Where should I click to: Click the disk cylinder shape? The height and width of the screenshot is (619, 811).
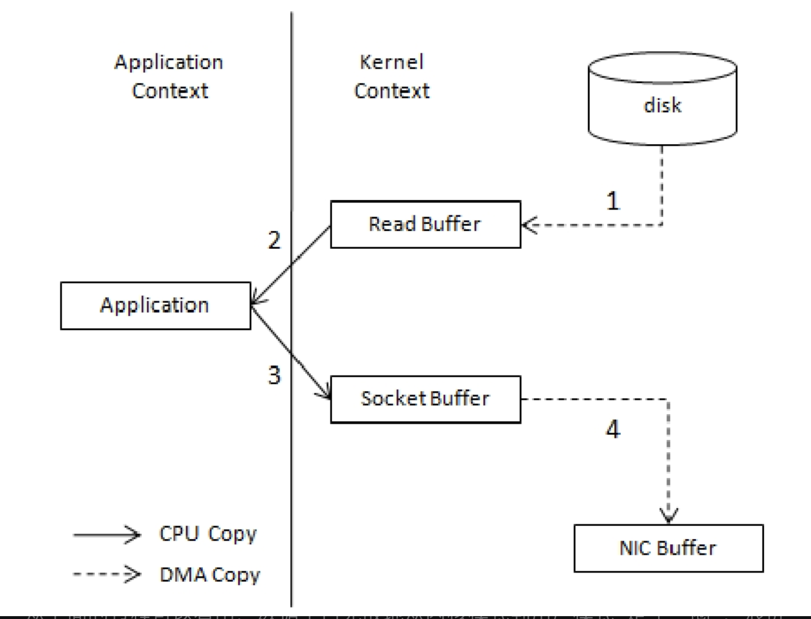662,100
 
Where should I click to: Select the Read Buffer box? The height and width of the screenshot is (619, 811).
426,225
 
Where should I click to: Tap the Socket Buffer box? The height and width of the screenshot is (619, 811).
426,399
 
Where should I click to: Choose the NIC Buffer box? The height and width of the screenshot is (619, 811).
668,548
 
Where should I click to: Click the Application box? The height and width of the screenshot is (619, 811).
155,306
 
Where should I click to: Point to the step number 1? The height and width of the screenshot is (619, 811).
613,201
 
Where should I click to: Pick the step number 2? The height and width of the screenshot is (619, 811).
274,240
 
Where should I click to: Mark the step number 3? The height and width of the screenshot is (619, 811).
274,375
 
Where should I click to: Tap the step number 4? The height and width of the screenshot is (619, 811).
613,429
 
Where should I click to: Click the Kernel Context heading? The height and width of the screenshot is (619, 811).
392,76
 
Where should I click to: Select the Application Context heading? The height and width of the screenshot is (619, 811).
169,76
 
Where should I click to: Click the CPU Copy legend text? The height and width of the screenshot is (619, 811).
208,534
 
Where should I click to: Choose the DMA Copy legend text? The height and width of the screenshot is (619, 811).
210,575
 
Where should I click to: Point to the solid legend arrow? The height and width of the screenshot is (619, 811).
107,535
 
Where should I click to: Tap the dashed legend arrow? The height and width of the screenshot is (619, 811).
107,574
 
